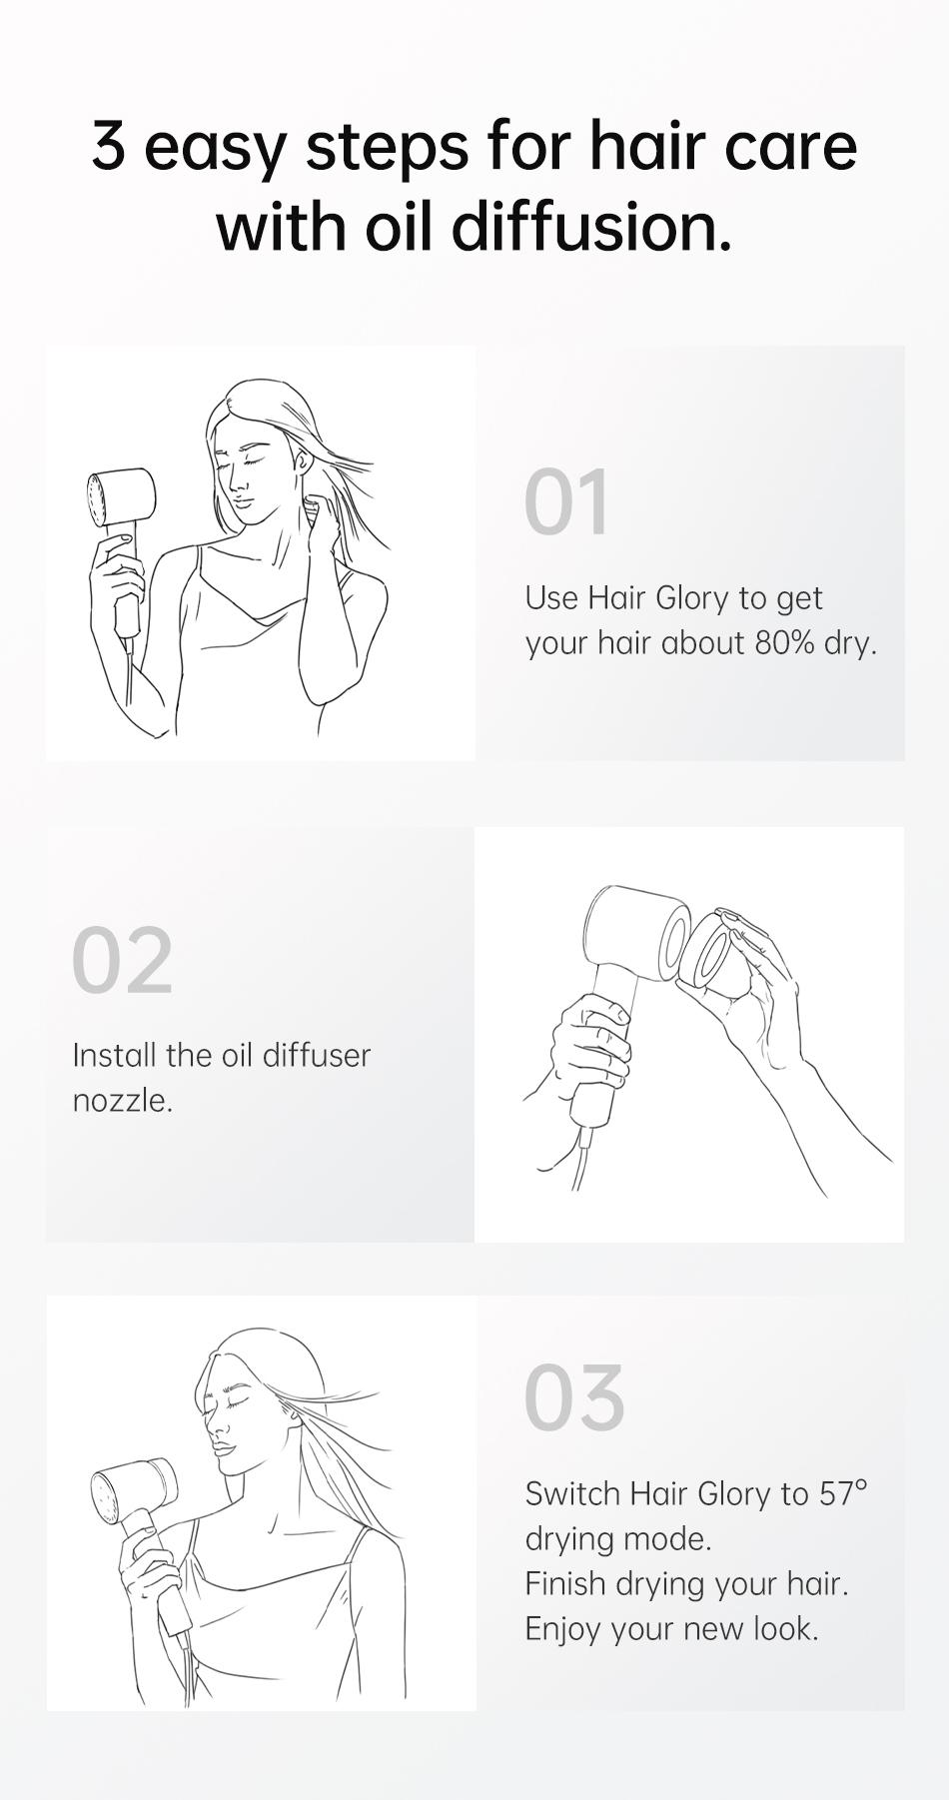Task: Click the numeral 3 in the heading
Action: coord(108,146)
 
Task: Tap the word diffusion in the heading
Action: coord(591,226)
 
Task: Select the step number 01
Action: coord(566,502)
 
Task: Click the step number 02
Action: coord(122,960)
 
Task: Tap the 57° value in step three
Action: coord(843,1493)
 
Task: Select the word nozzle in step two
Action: coord(121,1101)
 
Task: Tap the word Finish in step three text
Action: coord(565,1584)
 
